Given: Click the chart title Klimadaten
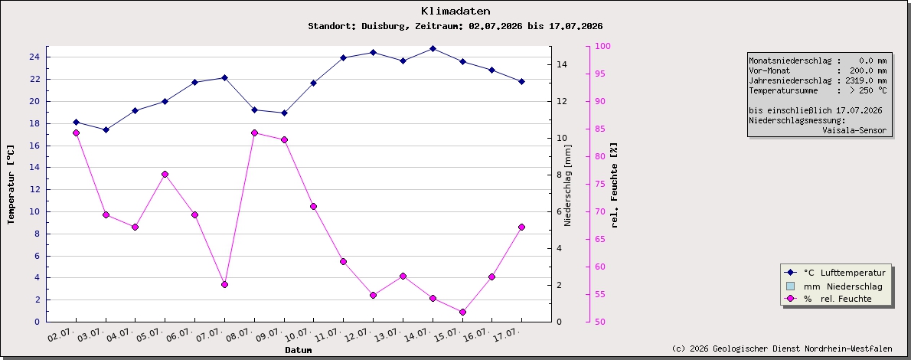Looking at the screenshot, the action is (455, 11).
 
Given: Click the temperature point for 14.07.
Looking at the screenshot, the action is (433, 48).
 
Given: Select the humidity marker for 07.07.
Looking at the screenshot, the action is (224, 284).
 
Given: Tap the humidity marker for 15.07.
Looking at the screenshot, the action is (462, 313).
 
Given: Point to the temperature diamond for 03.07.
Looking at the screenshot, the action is (106, 129).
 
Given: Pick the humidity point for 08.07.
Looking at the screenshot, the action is (254, 133).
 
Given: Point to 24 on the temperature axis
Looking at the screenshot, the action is (34, 57).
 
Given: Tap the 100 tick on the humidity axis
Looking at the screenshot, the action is (603, 46).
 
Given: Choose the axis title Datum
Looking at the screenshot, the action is (299, 350).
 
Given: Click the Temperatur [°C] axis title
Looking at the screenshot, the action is (11, 185).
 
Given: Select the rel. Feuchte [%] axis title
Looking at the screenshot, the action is (615, 185).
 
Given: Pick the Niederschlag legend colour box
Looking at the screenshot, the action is (789, 286).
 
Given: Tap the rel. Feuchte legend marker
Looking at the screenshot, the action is (789, 299).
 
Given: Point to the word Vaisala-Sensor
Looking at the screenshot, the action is (854, 130).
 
